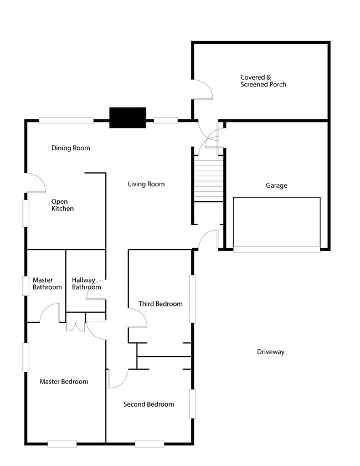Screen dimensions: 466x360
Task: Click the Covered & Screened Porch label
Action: (x=263, y=81)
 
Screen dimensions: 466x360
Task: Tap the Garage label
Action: (x=276, y=186)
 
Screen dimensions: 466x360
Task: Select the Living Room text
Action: (x=146, y=184)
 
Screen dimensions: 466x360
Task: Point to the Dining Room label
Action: (x=70, y=148)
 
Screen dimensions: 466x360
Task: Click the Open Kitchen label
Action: (x=62, y=205)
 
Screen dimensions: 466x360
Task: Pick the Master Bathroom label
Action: (x=47, y=284)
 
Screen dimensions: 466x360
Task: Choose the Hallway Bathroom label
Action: (x=86, y=284)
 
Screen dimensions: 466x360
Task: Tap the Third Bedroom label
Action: (x=161, y=304)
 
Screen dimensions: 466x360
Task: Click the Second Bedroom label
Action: (x=148, y=404)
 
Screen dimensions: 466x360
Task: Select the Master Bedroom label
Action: (x=64, y=381)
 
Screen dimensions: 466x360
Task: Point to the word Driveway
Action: (x=270, y=352)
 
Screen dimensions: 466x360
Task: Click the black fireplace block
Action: (x=127, y=117)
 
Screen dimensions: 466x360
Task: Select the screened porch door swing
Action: (x=202, y=89)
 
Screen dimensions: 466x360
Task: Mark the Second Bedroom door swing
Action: (x=117, y=379)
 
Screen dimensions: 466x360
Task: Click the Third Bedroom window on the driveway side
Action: (x=193, y=299)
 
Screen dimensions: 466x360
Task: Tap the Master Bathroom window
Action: (x=25, y=285)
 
